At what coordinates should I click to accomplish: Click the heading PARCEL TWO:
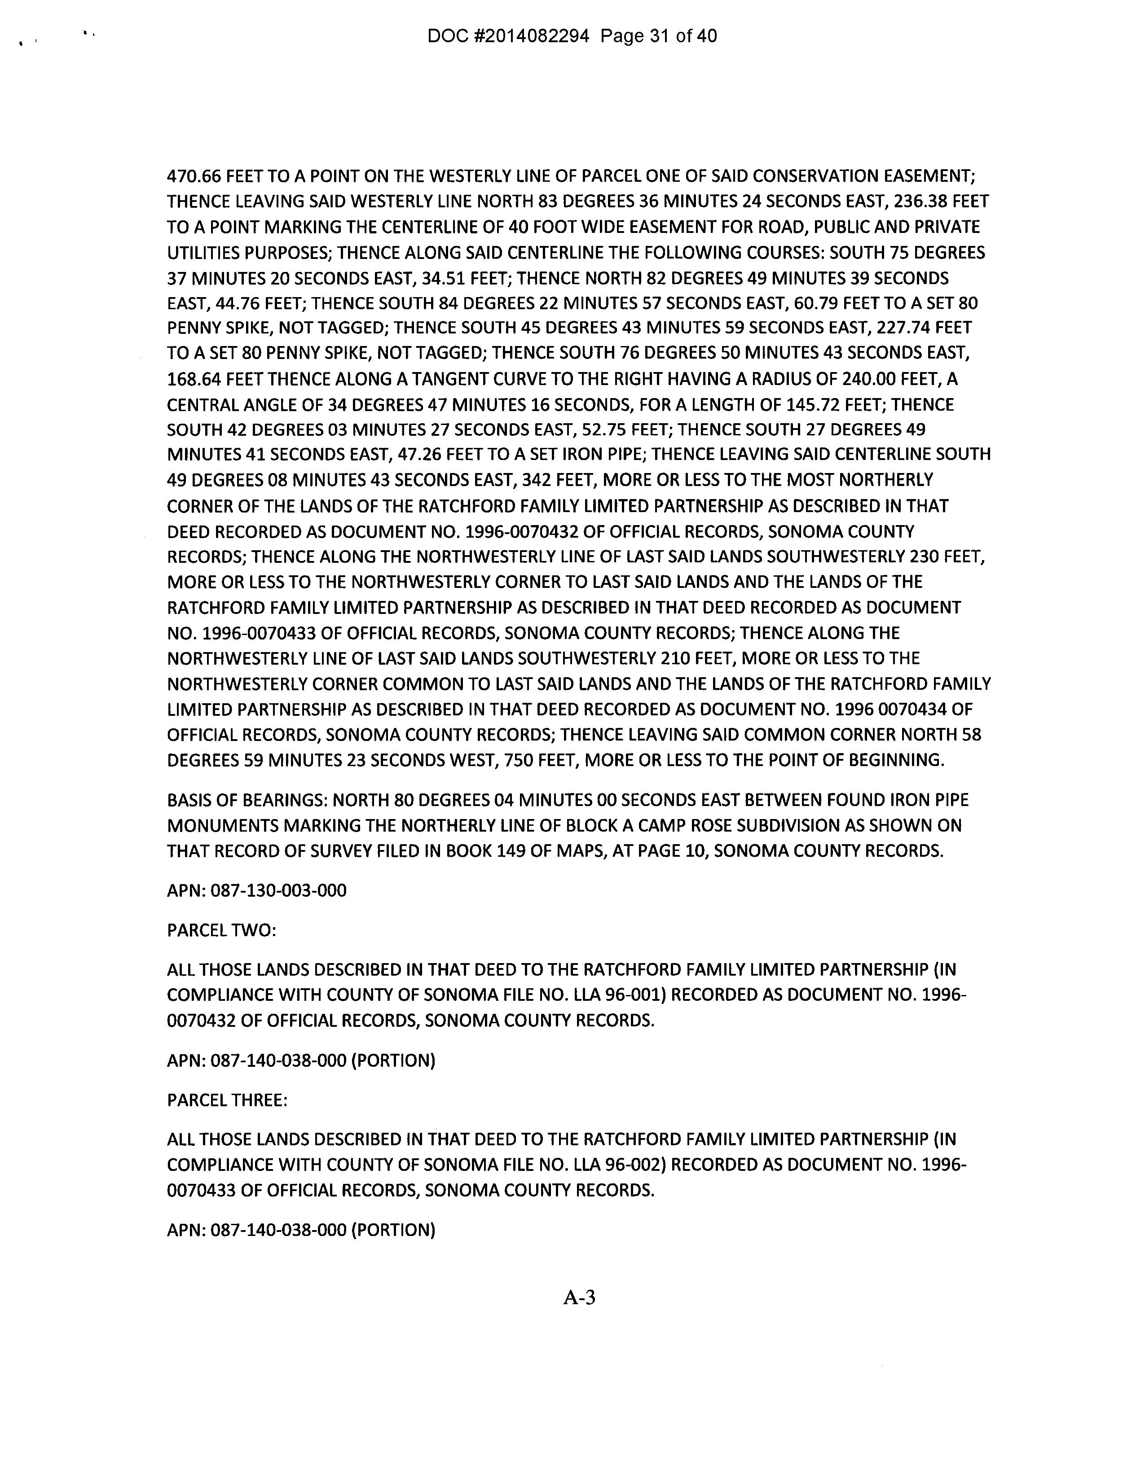221,930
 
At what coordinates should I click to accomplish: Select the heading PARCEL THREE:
227,1100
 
